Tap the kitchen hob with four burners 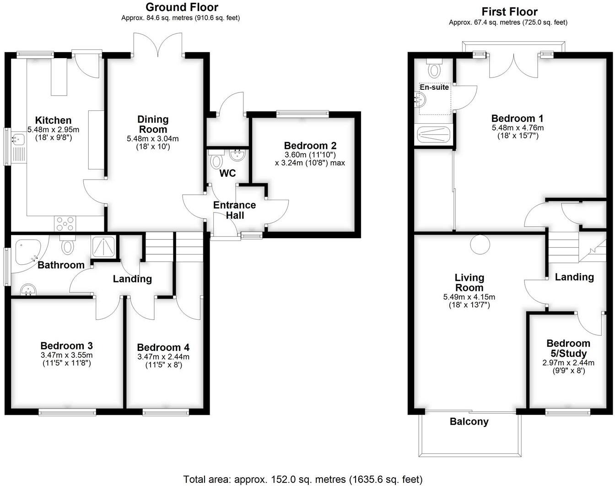point(65,224)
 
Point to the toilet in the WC point(216,161)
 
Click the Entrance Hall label point(234,210)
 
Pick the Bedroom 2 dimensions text point(310,158)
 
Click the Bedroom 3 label point(67,346)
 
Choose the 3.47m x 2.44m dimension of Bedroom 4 point(163,357)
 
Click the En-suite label point(434,87)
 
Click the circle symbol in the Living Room point(479,244)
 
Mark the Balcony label point(469,422)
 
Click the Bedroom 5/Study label point(568,349)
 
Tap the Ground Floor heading point(182,7)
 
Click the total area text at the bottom point(302,480)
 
